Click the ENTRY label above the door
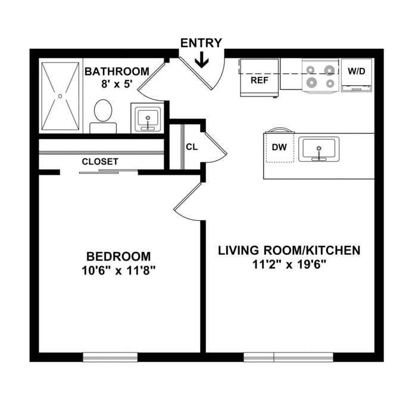coord(201,43)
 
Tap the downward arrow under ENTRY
coord(202,60)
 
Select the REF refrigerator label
coord(260,80)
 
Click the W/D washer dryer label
coord(356,71)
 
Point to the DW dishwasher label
coord(279,147)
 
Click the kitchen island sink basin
coord(319,149)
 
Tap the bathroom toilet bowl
coord(103,111)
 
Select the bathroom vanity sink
coord(148,119)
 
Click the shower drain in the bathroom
coord(60,96)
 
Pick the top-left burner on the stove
coord(310,70)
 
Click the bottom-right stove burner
coord(330,83)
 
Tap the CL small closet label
coord(192,147)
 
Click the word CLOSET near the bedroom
coord(100,162)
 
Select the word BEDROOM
coord(118,257)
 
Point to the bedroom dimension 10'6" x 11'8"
coord(118,270)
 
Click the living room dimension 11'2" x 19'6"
coord(289,264)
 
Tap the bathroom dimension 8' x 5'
coord(117,84)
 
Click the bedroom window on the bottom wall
coord(110,357)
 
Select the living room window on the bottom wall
coord(288,357)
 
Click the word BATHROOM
coord(117,71)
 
